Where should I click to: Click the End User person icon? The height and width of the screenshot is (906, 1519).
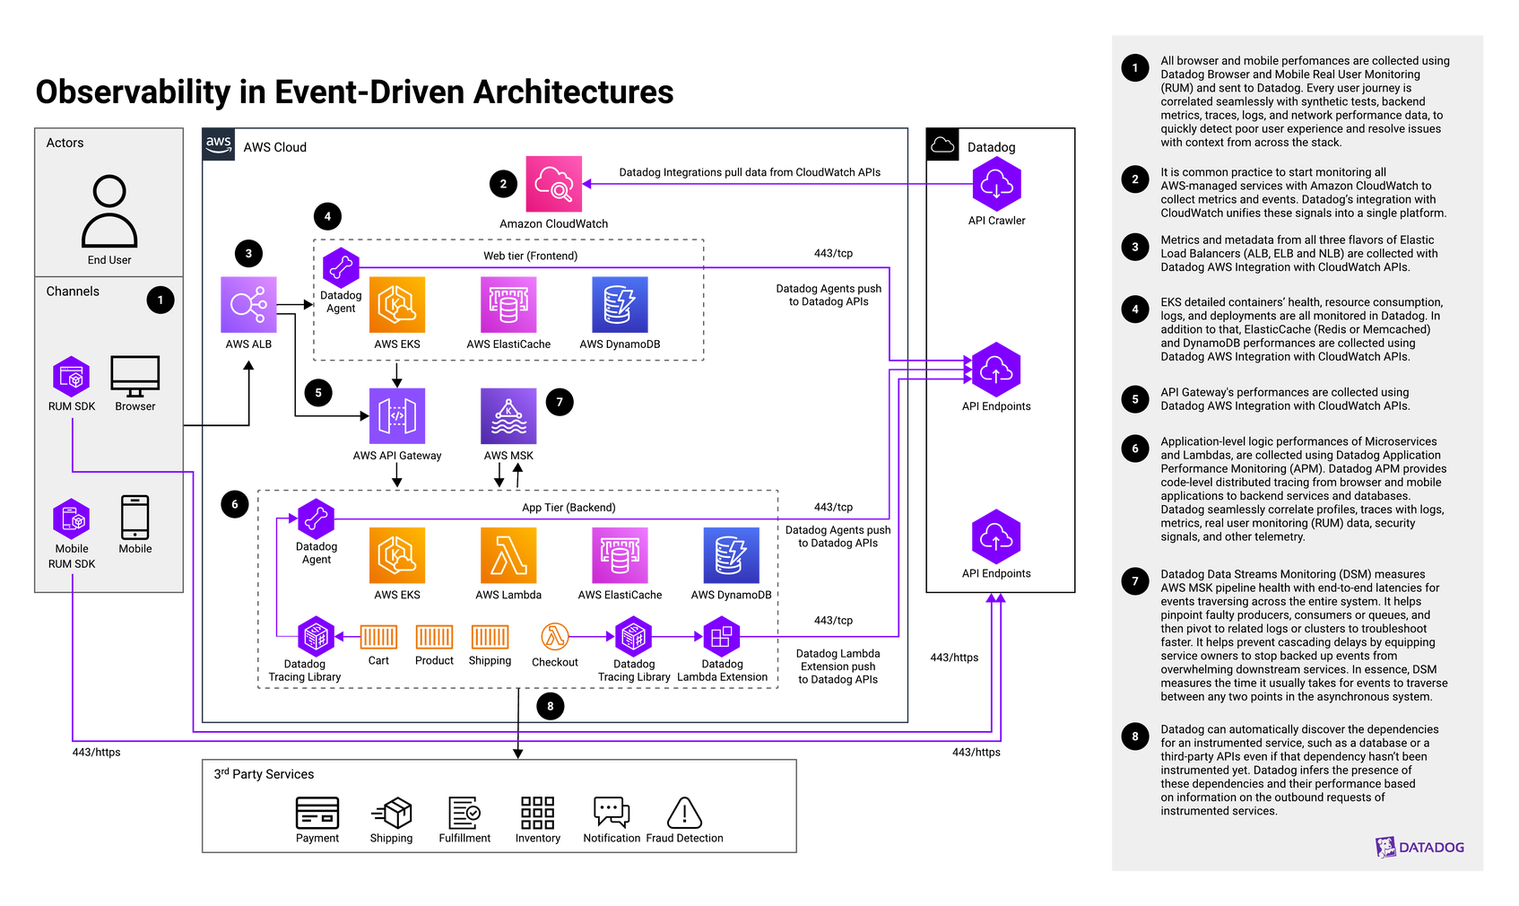point(109,211)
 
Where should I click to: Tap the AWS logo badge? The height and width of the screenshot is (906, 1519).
point(219,144)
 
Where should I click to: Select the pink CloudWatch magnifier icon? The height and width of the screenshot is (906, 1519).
point(553,184)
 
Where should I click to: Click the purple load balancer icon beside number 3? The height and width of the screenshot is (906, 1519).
point(248,305)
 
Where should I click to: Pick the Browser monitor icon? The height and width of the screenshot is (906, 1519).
point(135,376)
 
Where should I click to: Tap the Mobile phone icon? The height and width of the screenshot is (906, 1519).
point(135,518)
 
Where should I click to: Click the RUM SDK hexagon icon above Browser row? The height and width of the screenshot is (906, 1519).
point(72,377)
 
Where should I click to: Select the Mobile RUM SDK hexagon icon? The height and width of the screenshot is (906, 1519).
point(72,518)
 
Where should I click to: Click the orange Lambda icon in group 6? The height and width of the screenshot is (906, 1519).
point(508,556)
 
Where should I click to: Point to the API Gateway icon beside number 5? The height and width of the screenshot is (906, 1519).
point(397,415)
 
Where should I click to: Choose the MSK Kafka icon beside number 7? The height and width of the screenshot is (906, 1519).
point(508,415)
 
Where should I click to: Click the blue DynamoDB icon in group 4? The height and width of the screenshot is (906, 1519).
point(620,305)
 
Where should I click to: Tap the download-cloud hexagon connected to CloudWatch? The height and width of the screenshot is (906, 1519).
point(996,184)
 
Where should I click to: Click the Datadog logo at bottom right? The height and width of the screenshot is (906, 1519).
point(1419,847)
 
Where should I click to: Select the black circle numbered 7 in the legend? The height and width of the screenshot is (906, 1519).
point(1135,581)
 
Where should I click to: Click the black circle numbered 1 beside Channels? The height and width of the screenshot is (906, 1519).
point(161,300)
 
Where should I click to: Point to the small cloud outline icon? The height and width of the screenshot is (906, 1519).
point(942,144)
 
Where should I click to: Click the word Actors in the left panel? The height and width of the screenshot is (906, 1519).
point(65,143)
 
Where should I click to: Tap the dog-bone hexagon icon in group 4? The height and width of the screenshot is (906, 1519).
point(341,267)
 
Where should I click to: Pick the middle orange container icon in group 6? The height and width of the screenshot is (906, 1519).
point(434,637)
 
